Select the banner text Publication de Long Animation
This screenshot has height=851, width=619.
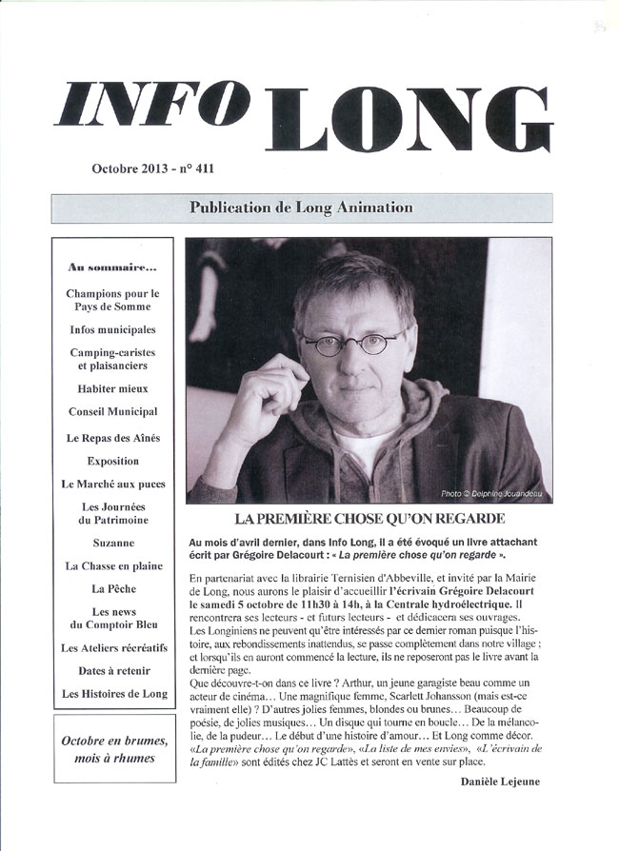301,208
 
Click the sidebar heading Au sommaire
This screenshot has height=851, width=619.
113,267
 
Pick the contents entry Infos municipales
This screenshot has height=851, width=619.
113,330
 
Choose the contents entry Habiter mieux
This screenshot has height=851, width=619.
113,389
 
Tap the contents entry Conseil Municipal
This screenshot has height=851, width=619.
113,412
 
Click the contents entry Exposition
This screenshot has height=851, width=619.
113,462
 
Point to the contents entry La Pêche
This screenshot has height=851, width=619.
113,589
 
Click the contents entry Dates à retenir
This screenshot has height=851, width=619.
113,671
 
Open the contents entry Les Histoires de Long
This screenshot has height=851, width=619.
113,694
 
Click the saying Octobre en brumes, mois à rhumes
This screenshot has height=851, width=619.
114,750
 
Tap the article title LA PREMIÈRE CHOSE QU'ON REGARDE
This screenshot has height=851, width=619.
369,519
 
